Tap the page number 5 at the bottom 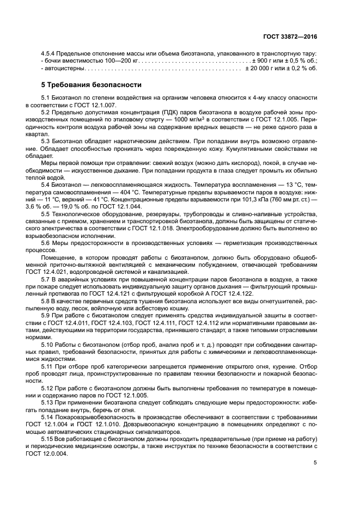click(x=315, y=463)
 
